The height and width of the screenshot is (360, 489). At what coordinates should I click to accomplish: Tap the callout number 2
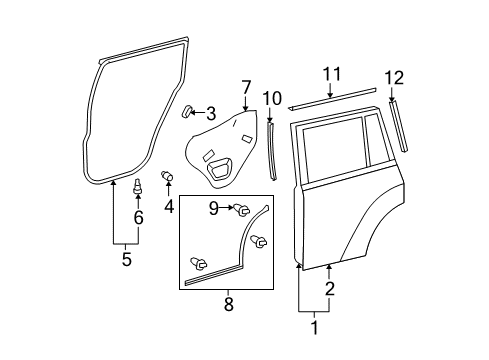(x=329, y=290)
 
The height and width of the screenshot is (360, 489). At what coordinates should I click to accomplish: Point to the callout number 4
(x=169, y=207)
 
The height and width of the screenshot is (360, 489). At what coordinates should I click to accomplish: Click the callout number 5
(x=126, y=260)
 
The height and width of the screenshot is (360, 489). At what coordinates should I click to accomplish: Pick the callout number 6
(x=138, y=218)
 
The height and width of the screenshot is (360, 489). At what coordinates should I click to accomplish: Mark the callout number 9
(x=213, y=208)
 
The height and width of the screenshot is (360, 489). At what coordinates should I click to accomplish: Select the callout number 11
(x=331, y=73)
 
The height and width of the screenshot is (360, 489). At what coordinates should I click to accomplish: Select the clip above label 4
(x=167, y=178)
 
